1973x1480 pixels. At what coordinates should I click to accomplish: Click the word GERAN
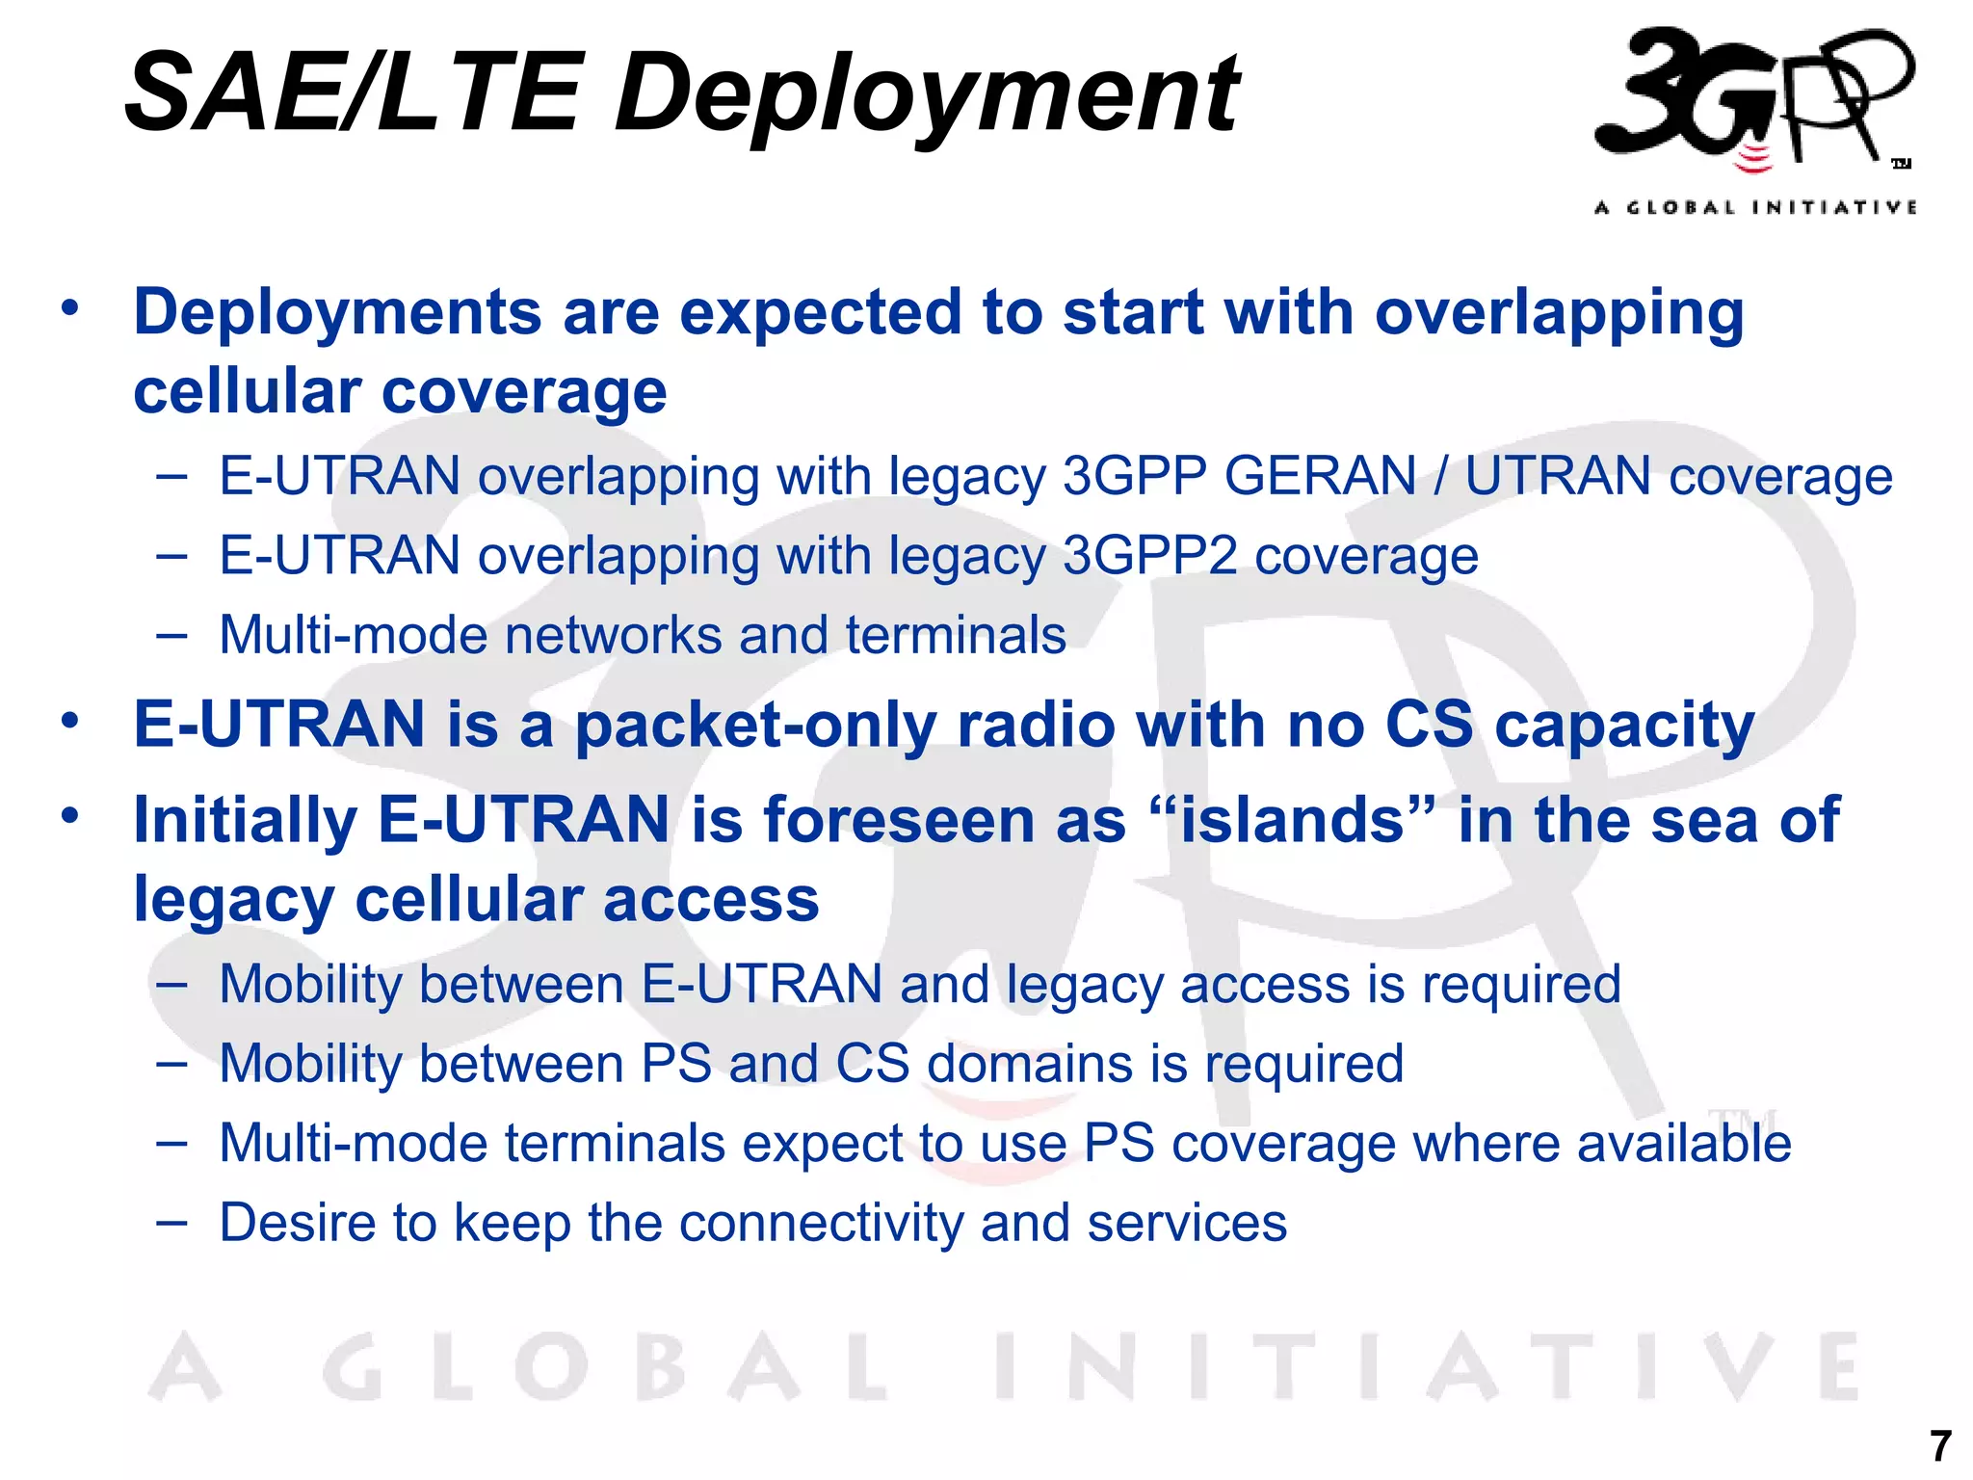[x=1321, y=476]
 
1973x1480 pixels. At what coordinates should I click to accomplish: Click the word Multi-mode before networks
[x=353, y=635]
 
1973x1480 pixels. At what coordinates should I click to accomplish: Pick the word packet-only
[x=755, y=726]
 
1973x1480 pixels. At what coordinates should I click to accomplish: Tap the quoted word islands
[x=1294, y=820]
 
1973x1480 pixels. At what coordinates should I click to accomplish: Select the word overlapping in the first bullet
[x=1559, y=313]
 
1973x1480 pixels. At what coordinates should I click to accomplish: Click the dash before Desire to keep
[x=171, y=1223]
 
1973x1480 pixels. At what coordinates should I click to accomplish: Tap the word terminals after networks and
[x=956, y=635]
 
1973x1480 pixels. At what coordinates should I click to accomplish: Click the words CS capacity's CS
[x=1429, y=726]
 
